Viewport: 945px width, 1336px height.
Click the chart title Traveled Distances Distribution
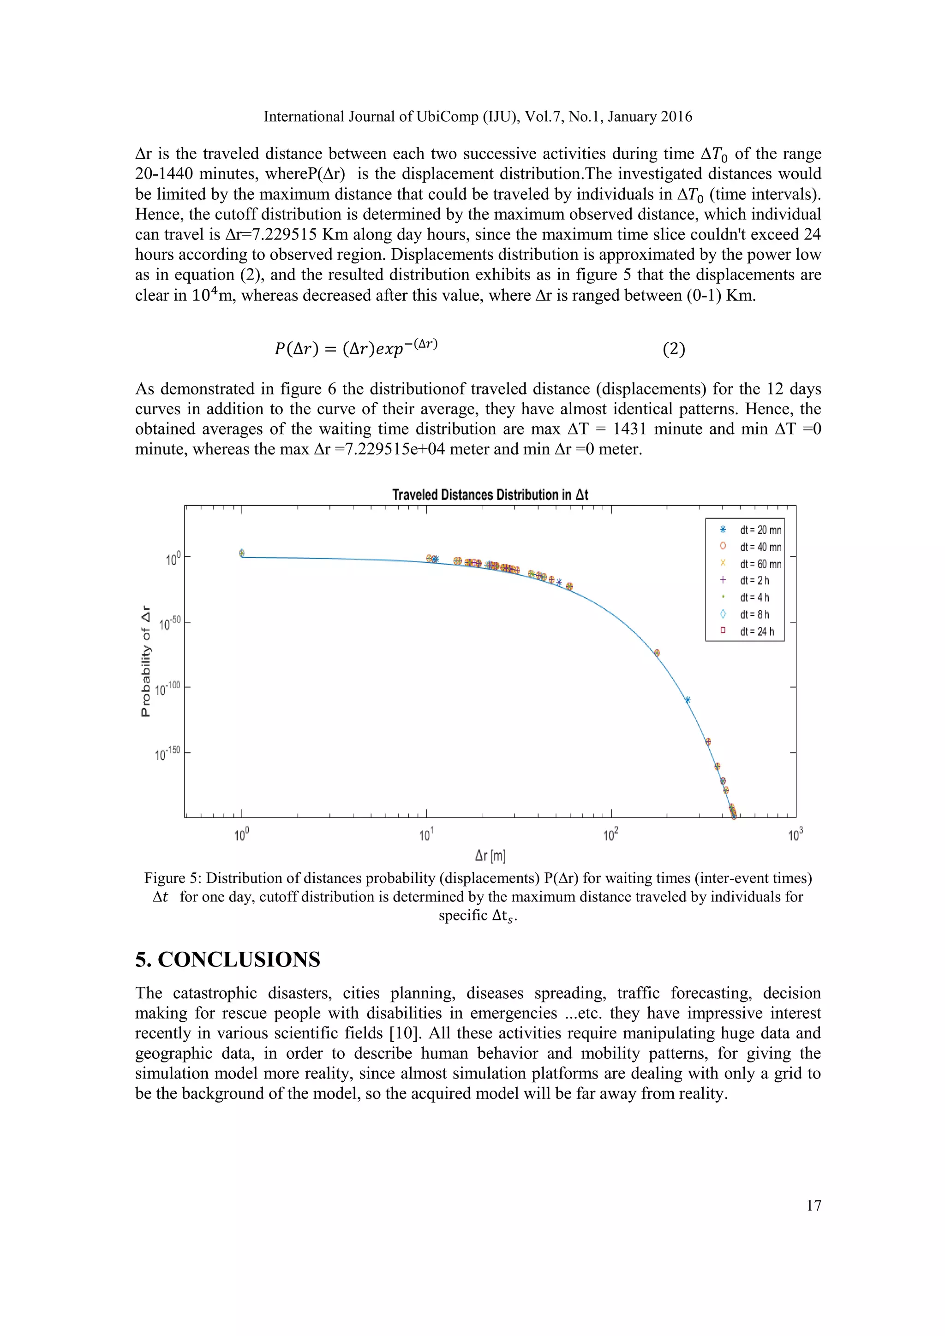tap(490, 495)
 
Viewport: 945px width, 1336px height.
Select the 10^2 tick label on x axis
tap(610, 836)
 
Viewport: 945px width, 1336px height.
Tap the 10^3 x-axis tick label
tap(795, 836)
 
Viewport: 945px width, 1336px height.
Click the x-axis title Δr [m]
tap(490, 856)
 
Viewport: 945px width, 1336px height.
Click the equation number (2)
tap(674, 349)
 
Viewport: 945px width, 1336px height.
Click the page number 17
tap(813, 1205)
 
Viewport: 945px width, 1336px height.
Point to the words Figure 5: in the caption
tap(172, 878)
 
